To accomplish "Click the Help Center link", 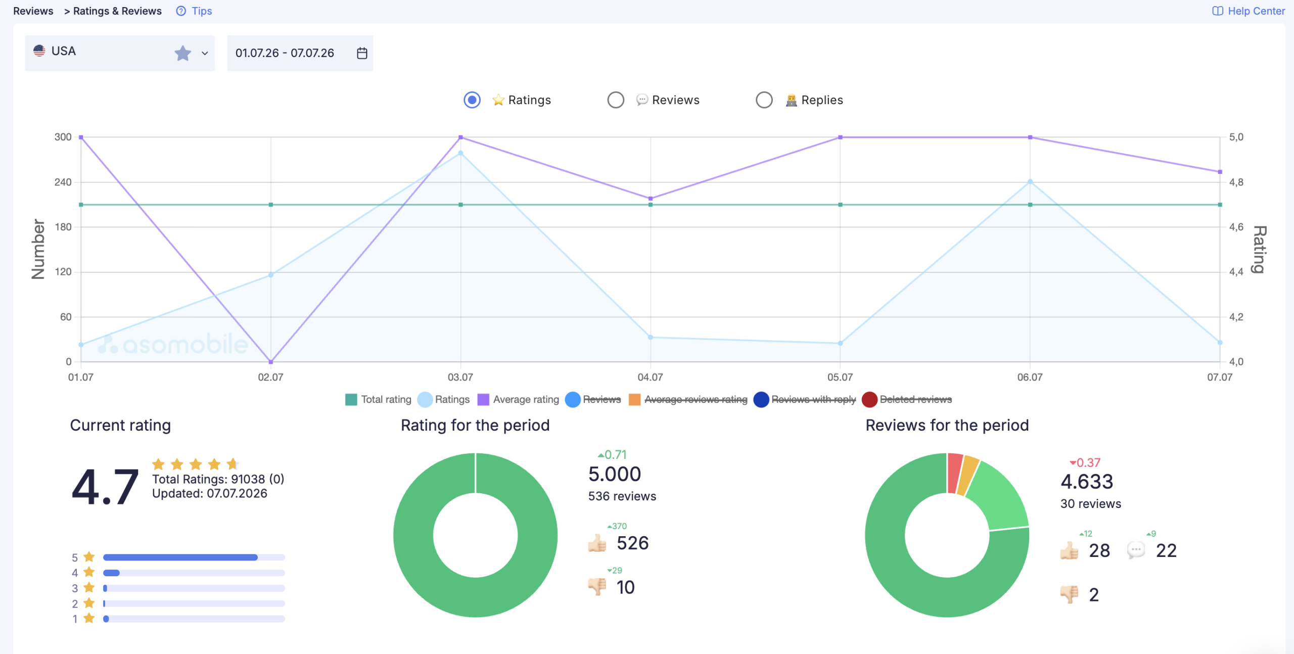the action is coord(1248,11).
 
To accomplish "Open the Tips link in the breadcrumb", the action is coord(194,11).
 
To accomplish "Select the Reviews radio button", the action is coord(616,100).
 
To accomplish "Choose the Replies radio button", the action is coord(764,100).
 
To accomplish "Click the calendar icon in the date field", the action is coord(362,53).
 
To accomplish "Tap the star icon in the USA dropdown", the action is coord(183,53).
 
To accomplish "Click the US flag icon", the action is coord(39,51).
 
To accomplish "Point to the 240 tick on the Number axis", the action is coord(63,182).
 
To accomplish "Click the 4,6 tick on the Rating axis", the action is coord(1236,227).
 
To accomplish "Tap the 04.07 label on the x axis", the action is coord(650,377).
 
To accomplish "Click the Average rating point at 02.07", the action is coord(271,362).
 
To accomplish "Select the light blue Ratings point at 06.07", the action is coord(1030,181).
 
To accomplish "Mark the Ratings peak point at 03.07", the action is coord(460,153).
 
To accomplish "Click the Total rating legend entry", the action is coord(379,399).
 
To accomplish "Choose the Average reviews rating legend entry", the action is coord(688,399).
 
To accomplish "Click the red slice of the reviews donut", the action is coord(955,473).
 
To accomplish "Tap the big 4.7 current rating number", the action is coord(105,486).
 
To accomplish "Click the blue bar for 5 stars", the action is coord(180,557).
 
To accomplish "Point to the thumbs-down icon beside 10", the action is coord(597,587).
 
